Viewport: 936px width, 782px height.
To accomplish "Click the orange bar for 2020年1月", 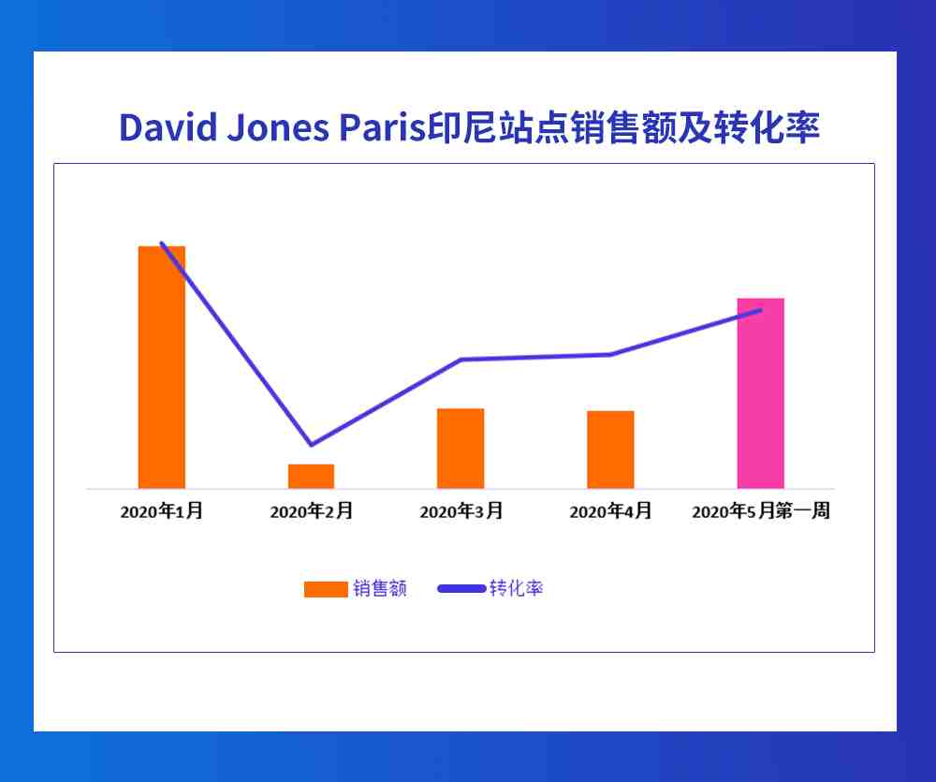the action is tap(162, 367).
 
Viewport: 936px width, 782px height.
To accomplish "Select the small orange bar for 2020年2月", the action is tap(311, 476).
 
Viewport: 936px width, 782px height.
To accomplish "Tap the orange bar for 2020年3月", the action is tap(461, 449).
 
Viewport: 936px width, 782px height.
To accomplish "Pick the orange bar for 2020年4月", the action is tap(610, 450).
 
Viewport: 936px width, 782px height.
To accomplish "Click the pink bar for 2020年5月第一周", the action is tap(760, 393).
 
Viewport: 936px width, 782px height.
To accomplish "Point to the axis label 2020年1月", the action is tap(162, 510).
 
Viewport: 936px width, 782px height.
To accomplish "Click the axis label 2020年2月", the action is tap(311, 510).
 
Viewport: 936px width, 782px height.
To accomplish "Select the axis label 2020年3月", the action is tap(461, 510).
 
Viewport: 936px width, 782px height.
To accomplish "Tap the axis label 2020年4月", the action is tap(610, 510).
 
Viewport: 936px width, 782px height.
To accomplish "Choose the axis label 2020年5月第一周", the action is tap(761, 510).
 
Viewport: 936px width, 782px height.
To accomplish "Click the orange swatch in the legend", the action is tap(326, 589).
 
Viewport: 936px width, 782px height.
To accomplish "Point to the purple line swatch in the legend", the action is tap(461, 588).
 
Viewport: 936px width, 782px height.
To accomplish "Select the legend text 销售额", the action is tap(380, 588).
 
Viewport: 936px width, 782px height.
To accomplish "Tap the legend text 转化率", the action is tap(517, 588).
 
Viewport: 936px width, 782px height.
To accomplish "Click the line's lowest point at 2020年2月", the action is tap(311, 445).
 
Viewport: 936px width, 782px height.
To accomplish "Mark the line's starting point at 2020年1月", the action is tap(162, 243).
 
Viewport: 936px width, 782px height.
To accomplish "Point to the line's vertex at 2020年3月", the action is tap(461, 359).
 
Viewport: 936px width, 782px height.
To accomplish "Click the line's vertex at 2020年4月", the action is tap(610, 354).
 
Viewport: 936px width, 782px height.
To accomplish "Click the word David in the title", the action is tap(168, 127).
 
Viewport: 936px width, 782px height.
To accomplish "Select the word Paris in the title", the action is tap(383, 127).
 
